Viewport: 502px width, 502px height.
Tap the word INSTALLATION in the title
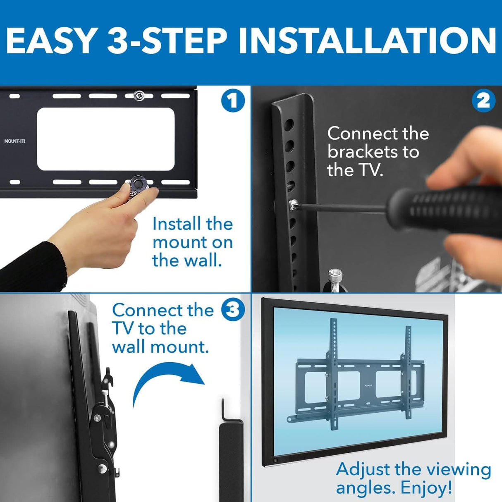click(x=367, y=41)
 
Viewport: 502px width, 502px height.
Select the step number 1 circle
click(x=233, y=101)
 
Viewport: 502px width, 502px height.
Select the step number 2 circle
click(x=483, y=100)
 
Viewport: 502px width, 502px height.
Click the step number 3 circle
click(x=233, y=310)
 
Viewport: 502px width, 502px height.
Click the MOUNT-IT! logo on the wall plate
click(x=15, y=141)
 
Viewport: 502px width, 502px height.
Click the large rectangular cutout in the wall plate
click(x=105, y=139)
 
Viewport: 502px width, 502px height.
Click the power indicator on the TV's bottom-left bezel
click(x=275, y=461)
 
